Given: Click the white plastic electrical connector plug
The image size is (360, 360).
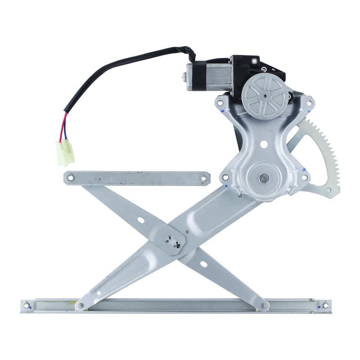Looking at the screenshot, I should (x=65, y=152).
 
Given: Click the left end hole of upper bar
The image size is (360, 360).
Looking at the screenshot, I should (x=70, y=178).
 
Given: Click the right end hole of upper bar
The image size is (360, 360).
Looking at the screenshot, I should (x=203, y=179).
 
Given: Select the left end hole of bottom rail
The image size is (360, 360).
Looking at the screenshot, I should (x=27, y=306).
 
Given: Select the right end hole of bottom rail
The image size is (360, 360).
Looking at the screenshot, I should (x=325, y=306).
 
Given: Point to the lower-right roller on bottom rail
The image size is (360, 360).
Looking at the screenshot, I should (x=264, y=306).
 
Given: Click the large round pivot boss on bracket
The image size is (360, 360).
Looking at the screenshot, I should (x=264, y=178).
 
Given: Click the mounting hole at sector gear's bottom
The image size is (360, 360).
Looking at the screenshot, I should (x=328, y=190).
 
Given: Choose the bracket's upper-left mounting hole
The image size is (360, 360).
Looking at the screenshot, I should (x=220, y=103).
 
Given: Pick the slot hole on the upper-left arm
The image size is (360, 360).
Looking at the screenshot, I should (x=141, y=220).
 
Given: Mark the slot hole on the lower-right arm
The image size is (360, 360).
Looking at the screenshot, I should (x=203, y=264).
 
